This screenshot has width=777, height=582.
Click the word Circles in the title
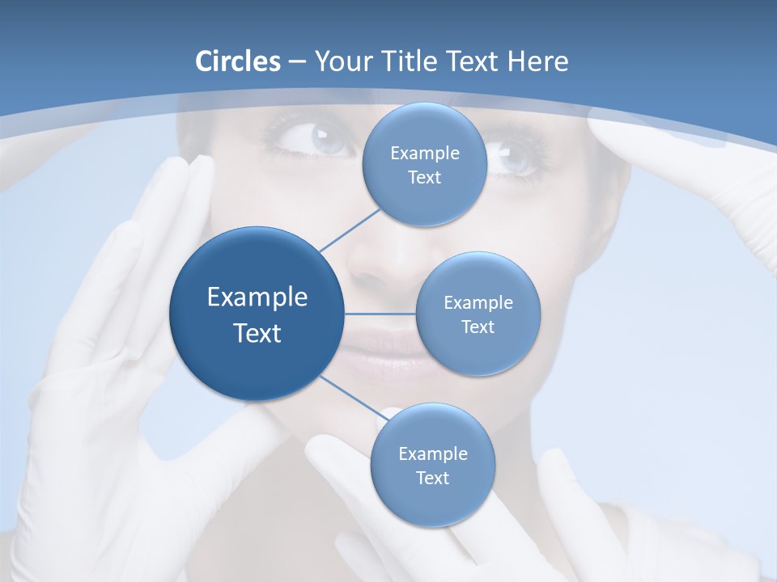click(x=238, y=61)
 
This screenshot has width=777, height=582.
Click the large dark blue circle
click(x=257, y=314)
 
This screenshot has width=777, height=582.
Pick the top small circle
click(x=425, y=164)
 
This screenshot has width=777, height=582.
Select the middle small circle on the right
click(x=478, y=314)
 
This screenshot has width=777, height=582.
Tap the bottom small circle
click(x=432, y=465)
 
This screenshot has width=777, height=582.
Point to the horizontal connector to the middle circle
click(x=380, y=314)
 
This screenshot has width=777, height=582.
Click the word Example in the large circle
click(x=257, y=297)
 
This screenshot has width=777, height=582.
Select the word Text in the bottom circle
click(x=432, y=478)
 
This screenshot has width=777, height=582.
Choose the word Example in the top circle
click(x=425, y=153)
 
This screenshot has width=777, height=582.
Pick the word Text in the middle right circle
click(x=478, y=327)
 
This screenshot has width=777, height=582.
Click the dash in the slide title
click(x=297, y=62)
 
